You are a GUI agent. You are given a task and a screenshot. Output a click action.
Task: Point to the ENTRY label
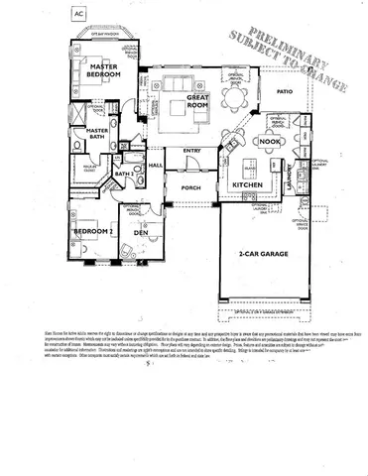point(192,151)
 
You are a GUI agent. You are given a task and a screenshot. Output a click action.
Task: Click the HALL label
point(155,166)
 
